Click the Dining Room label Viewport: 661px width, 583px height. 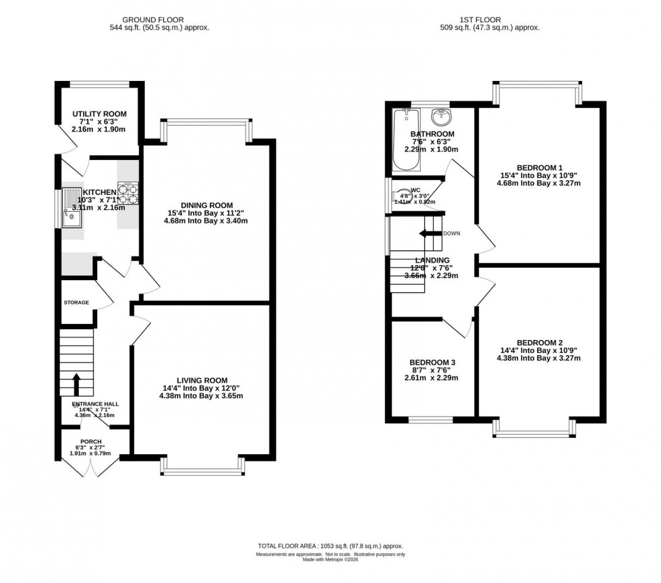tap(206, 205)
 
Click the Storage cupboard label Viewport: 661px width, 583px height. tap(76, 302)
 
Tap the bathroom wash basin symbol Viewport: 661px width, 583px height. tap(440, 117)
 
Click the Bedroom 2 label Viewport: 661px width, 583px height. tap(538, 342)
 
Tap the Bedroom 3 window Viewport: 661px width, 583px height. tap(429, 418)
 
